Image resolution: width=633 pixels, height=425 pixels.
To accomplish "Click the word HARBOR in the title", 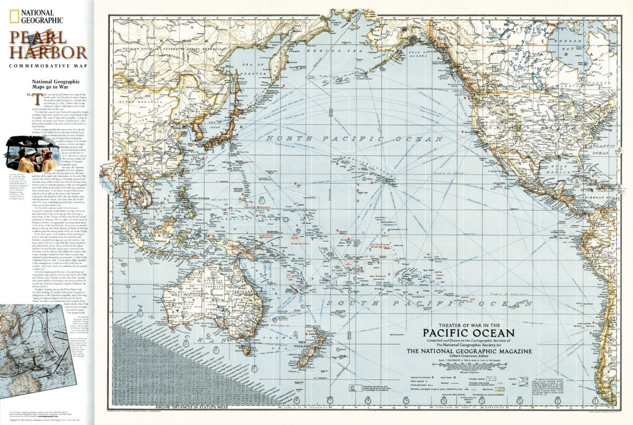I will tap(50, 52).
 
